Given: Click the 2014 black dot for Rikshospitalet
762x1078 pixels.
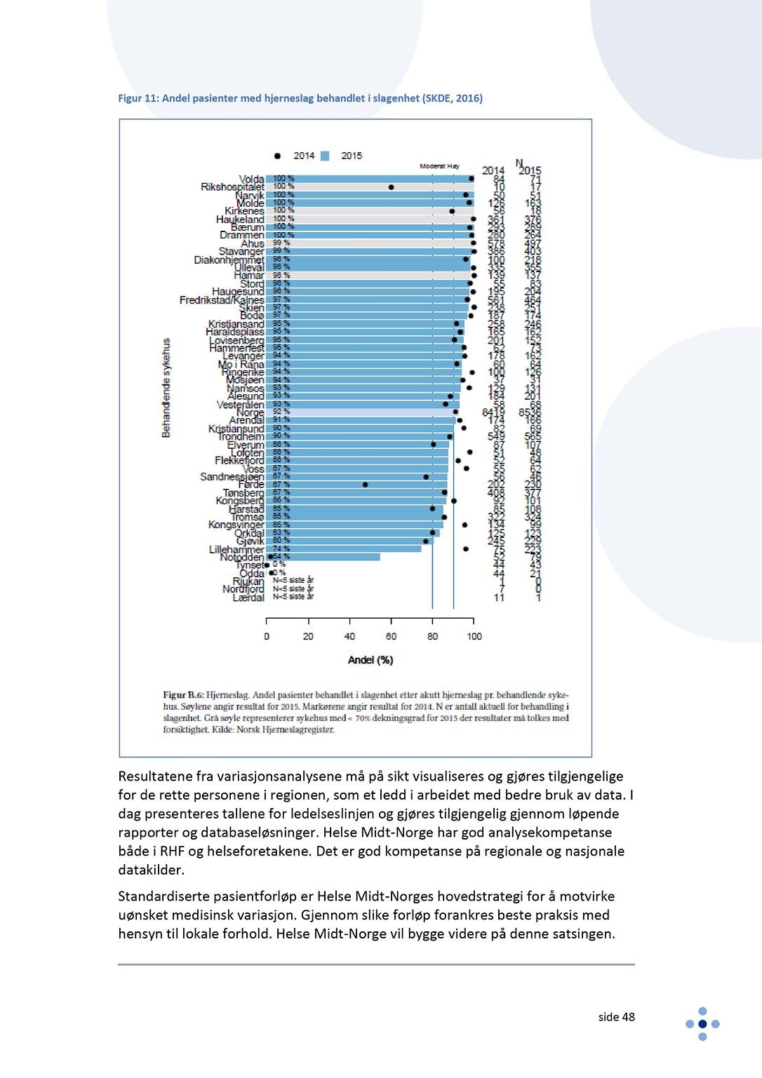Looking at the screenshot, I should point(391,187).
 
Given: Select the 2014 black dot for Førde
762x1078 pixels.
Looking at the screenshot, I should point(365,485).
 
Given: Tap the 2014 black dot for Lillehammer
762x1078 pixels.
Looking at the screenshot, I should point(466,549).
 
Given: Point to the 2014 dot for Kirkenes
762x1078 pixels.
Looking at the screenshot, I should point(452,211).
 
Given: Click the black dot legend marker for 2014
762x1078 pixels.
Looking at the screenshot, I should point(277,156).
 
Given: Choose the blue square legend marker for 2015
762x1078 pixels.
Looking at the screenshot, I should point(325,156).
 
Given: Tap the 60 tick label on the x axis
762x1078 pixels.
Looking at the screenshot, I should point(391,636).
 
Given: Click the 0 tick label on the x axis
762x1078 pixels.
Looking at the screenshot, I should point(267,636).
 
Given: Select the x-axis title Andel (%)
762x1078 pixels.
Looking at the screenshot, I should point(370,660).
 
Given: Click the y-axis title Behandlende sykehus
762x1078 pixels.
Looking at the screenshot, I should point(166,388).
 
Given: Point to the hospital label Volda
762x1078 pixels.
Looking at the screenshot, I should point(251,180).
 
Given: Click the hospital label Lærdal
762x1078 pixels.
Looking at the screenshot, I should point(248,598).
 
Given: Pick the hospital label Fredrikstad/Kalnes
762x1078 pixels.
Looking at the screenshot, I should point(222,300).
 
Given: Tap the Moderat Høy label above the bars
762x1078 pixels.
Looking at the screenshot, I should point(439,166).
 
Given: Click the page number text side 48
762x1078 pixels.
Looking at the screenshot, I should point(616,1017).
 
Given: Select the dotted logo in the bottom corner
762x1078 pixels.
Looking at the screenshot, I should point(702,1024).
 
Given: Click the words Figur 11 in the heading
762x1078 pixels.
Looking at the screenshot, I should point(138,98).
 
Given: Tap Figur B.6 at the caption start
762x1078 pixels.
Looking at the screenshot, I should point(183,696).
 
